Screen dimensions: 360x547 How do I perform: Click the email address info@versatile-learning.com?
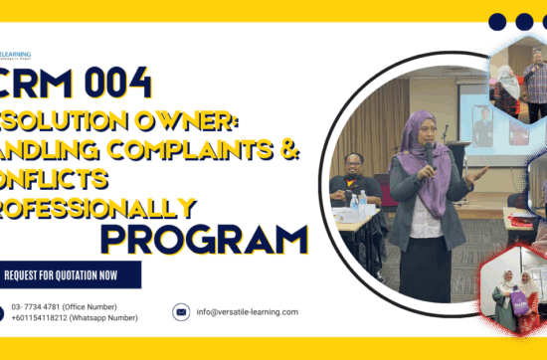click(x=247, y=311)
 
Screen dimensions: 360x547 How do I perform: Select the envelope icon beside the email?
click(x=181, y=311)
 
